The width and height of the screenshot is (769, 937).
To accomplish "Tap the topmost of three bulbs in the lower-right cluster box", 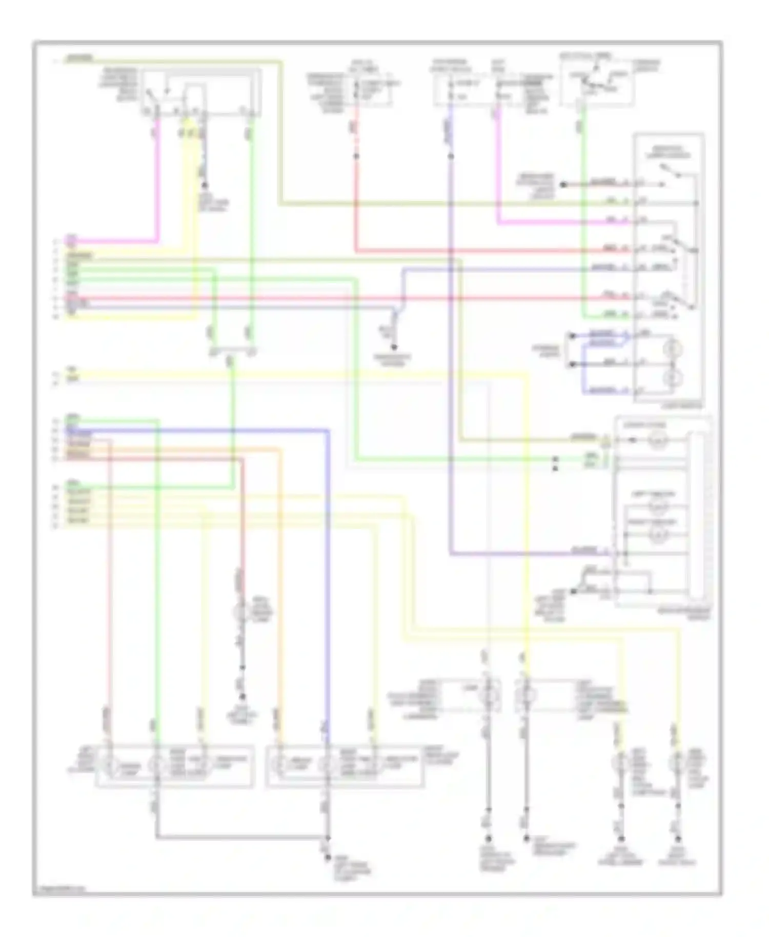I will coord(658,440).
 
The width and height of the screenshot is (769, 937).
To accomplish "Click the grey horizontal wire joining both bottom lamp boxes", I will coord(241,838).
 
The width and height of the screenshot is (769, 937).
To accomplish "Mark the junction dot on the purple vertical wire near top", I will coord(451,156).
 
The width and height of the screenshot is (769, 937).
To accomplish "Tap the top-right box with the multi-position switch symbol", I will coord(597,82).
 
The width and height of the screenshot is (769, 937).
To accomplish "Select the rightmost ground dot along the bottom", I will coord(678,839).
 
